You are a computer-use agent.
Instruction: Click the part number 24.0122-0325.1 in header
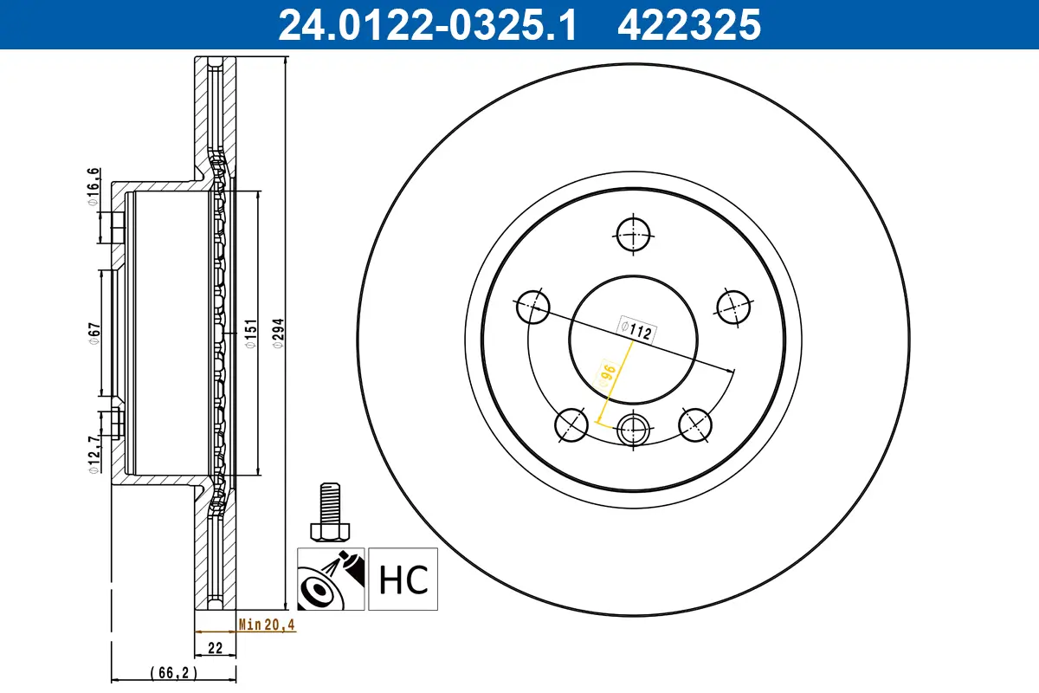[x=426, y=24]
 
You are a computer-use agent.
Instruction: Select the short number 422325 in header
[x=688, y=24]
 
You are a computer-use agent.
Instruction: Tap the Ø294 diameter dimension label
[x=278, y=332]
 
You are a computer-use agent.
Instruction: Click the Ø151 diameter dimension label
[x=250, y=332]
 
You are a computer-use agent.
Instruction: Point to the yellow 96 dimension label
[x=608, y=373]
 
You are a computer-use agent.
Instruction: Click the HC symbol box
[x=403, y=579]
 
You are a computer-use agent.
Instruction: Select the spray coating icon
[x=331, y=579]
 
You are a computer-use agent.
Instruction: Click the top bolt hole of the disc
[x=634, y=232]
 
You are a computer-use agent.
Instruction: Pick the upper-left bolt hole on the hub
[x=533, y=307]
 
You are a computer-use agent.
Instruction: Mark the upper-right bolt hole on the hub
[x=733, y=306]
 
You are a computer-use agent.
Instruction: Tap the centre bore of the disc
[x=634, y=339]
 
